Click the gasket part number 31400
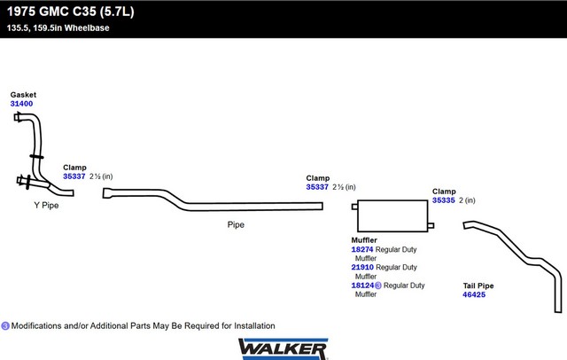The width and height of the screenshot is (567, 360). tap(21, 104)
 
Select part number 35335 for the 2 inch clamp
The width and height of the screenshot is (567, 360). tap(444, 200)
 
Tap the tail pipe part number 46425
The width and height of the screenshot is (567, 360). tap(474, 294)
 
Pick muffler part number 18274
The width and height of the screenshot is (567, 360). tap(362, 250)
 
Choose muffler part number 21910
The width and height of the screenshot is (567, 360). tap(362, 268)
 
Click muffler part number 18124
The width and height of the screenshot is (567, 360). tap(362, 286)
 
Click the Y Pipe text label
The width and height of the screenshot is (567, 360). tap(46, 206)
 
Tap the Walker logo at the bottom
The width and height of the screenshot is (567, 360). tap(283, 348)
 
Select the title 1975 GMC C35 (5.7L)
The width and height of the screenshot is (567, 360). tap(71, 12)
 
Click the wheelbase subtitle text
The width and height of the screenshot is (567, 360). tap(58, 27)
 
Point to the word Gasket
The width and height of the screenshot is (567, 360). tap(23, 95)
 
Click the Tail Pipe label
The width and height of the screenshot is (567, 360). tap(478, 286)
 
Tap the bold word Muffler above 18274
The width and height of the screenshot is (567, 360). tap(364, 240)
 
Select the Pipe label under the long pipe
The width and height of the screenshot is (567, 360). tap(236, 224)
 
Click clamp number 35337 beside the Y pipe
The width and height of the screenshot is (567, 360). tap(74, 176)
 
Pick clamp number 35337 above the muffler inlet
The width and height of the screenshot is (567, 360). tap(317, 187)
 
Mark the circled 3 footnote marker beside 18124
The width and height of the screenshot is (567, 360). tap(378, 286)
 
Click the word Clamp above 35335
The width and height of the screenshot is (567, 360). tap(444, 192)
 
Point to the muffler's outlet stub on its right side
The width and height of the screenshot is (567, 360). tap(431, 226)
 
